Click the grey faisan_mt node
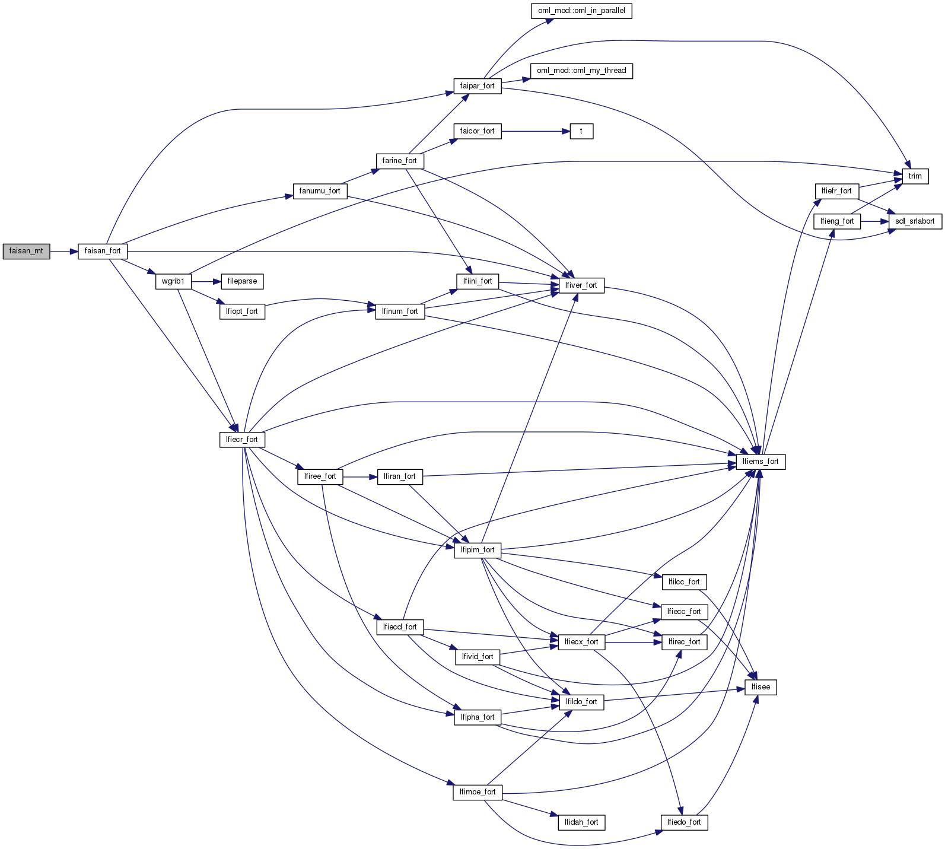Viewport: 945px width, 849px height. (26, 251)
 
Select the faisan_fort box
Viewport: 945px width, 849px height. (103, 251)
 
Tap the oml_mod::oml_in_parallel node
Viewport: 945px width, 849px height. (581, 11)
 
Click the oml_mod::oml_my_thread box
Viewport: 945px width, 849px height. (581, 71)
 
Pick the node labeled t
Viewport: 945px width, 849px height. (581, 131)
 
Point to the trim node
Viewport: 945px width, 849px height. (915, 176)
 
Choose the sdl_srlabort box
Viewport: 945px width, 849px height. (915, 221)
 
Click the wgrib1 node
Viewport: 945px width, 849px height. (173, 281)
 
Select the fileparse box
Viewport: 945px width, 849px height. (242, 281)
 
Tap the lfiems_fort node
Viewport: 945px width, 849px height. (761, 462)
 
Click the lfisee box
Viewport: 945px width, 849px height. (761, 687)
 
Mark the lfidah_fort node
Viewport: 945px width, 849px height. (581, 822)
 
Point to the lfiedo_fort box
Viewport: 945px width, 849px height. (684, 822)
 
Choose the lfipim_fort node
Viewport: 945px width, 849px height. (478, 550)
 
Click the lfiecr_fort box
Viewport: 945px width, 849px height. (242, 440)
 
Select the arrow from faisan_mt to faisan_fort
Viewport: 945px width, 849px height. (64, 251)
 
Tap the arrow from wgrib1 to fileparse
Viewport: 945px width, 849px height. (206, 281)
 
